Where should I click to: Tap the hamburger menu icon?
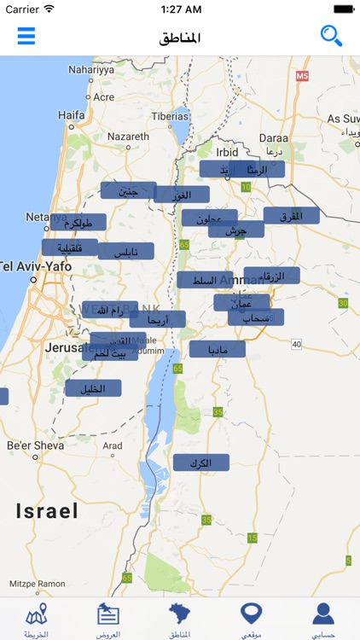[x=26, y=36]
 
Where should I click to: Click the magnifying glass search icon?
[x=331, y=36]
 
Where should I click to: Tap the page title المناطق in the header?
[x=180, y=38]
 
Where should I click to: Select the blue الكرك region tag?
[x=201, y=463]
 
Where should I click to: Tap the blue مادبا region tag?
[x=218, y=349]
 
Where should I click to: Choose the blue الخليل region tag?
[x=92, y=388]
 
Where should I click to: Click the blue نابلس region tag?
[x=125, y=252]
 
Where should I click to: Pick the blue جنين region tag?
[x=128, y=191]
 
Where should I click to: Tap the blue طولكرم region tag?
[x=78, y=223]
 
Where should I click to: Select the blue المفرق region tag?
[x=292, y=216]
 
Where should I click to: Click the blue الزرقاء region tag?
[x=272, y=276]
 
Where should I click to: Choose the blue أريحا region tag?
[x=158, y=320]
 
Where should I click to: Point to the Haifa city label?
[x=72, y=114]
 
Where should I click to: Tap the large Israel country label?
[x=47, y=511]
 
